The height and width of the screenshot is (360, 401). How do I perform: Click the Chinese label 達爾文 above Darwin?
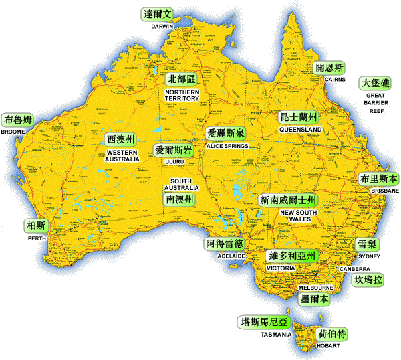(x=158, y=13)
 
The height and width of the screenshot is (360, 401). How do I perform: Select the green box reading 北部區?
(x=182, y=79)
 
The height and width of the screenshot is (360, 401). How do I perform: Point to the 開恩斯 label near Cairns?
(x=329, y=68)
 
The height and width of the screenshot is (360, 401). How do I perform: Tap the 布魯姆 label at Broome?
(x=17, y=120)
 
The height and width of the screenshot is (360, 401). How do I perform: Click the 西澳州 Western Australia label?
(x=121, y=139)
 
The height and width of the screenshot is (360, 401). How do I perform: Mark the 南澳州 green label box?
(x=180, y=199)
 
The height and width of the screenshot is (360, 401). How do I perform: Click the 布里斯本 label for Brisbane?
(x=378, y=179)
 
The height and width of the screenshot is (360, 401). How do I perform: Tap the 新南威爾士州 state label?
(x=288, y=200)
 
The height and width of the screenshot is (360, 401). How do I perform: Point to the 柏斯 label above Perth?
(x=36, y=225)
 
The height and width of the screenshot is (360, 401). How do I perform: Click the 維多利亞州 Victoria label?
(x=291, y=256)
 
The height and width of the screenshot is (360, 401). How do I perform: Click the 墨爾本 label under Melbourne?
(x=314, y=299)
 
